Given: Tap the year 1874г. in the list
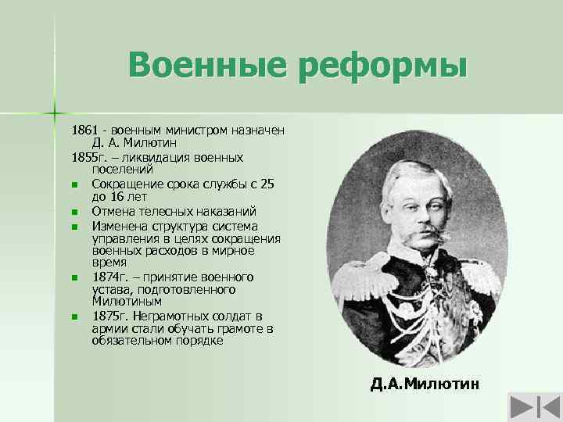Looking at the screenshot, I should [x=109, y=277].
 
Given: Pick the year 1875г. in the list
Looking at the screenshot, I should [x=109, y=316].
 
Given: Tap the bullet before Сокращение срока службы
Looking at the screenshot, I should [x=73, y=184].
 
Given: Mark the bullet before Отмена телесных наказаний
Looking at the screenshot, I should [x=73, y=211].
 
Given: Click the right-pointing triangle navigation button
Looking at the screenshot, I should [x=520, y=406].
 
